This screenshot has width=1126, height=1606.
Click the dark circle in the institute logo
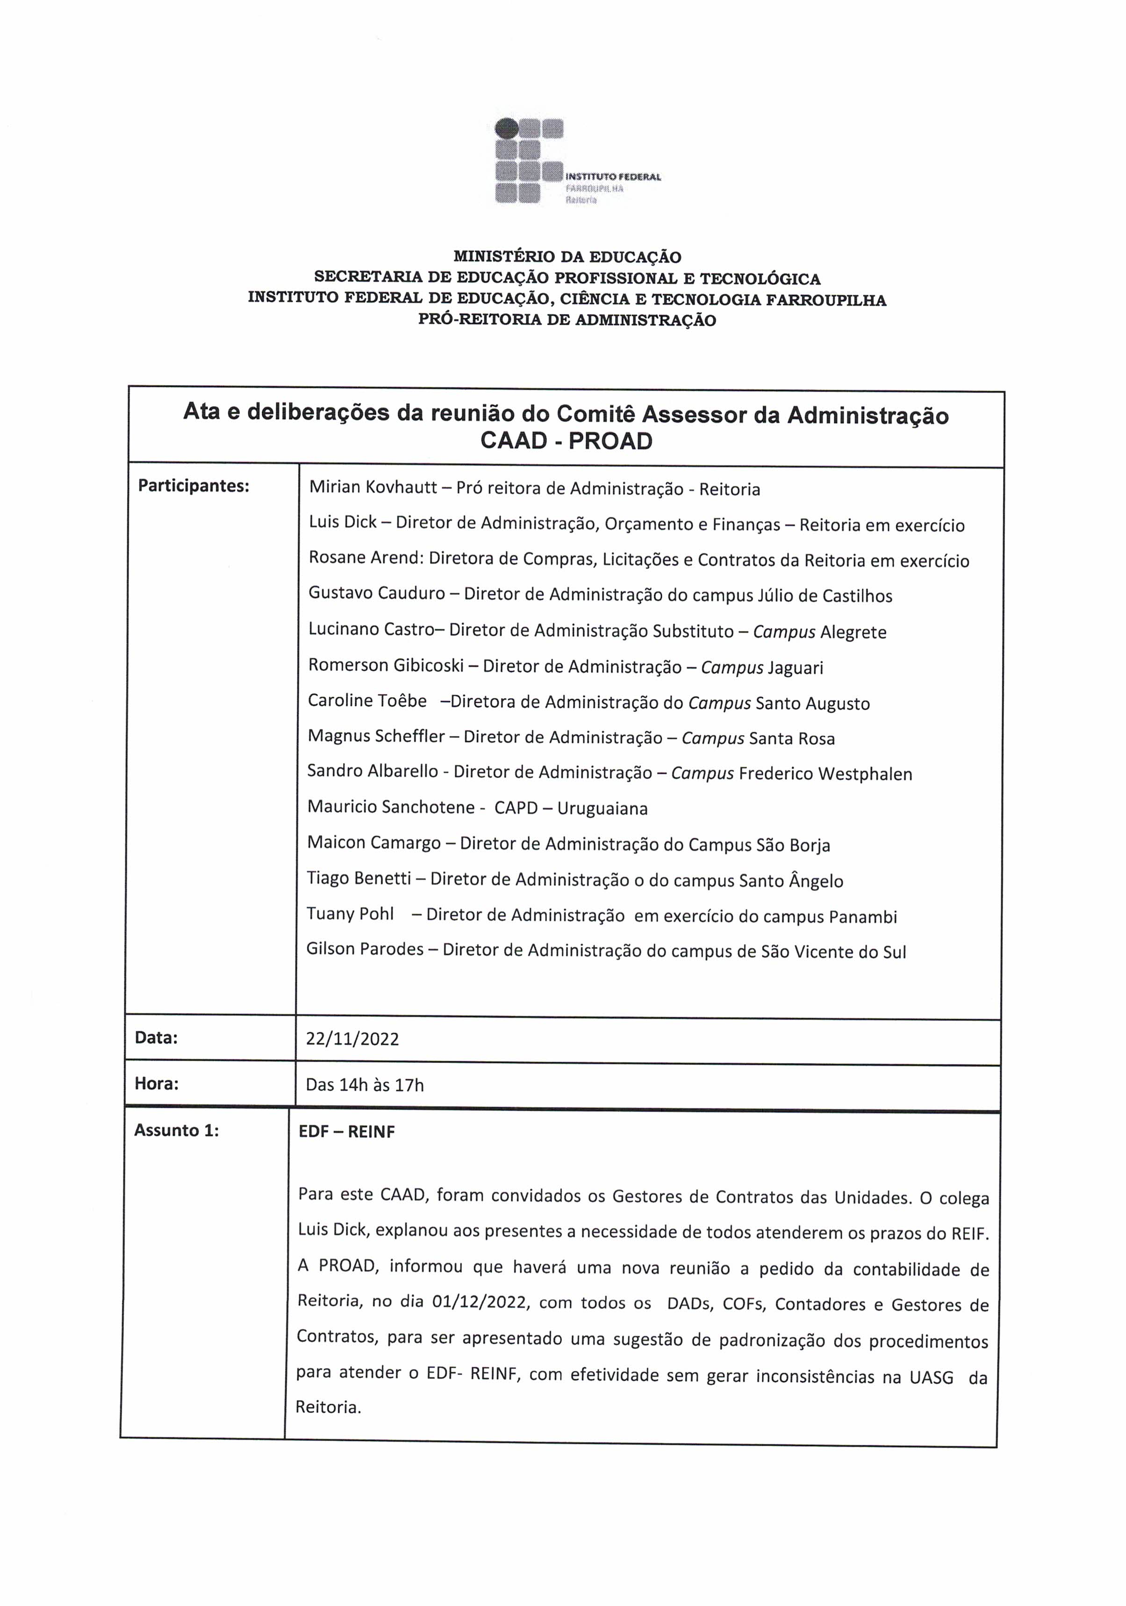coord(506,128)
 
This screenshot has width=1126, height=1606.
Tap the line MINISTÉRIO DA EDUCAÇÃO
coord(567,257)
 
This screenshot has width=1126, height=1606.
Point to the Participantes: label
coord(193,485)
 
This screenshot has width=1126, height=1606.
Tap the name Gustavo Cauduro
coord(376,593)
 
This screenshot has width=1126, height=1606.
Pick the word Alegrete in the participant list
coord(853,632)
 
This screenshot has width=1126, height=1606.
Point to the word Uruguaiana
coord(602,808)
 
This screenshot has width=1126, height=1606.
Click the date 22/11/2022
coord(352,1039)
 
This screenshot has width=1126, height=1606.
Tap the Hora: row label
coord(156,1084)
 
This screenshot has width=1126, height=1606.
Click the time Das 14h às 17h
coord(365,1085)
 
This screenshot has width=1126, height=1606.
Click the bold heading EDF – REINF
coord(346,1132)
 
